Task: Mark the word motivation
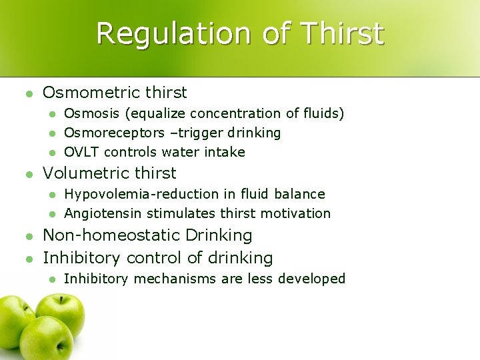[x=299, y=214]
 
